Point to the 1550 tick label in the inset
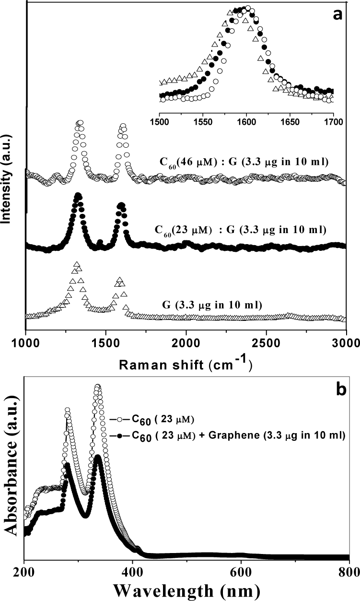pyautogui.click(x=203, y=122)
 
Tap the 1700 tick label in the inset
pyautogui.click(x=334, y=122)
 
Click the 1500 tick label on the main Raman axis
pyautogui.click(x=106, y=344)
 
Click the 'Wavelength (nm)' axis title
pyautogui.click(x=187, y=590)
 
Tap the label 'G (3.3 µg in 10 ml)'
pyautogui.click(x=212, y=306)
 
